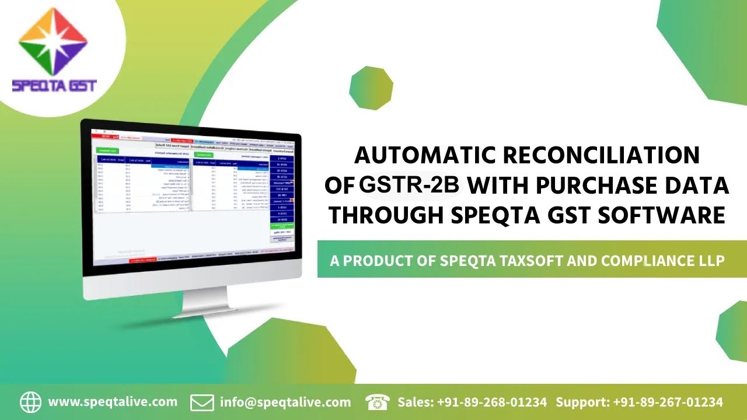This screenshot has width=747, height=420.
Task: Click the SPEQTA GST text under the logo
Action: click(54, 86)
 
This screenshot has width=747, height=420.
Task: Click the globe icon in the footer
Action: click(31, 402)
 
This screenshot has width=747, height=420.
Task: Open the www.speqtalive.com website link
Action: click(113, 402)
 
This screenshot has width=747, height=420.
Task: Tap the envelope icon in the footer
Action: click(202, 402)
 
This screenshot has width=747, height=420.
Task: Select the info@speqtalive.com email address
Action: click(285, 402)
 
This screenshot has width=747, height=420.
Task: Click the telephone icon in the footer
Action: click(378, 402)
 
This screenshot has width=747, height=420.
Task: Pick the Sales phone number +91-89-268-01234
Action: click(491, 402)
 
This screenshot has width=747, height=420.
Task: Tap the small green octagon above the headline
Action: click(371, 88)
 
